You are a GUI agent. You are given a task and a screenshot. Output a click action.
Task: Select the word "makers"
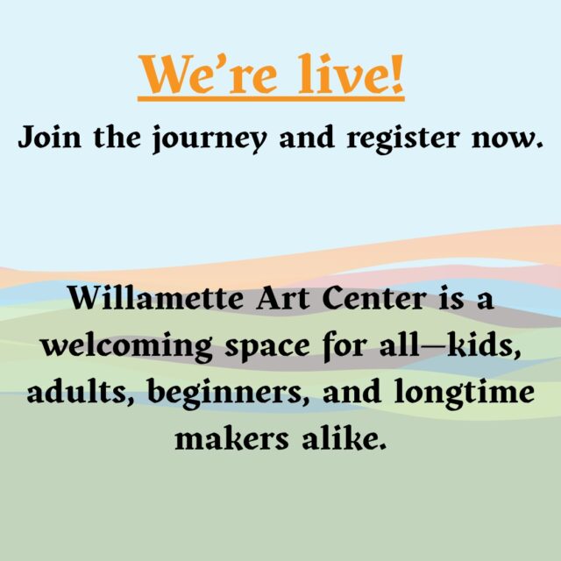(227, 437)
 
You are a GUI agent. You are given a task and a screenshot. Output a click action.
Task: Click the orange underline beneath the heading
(272, 100)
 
